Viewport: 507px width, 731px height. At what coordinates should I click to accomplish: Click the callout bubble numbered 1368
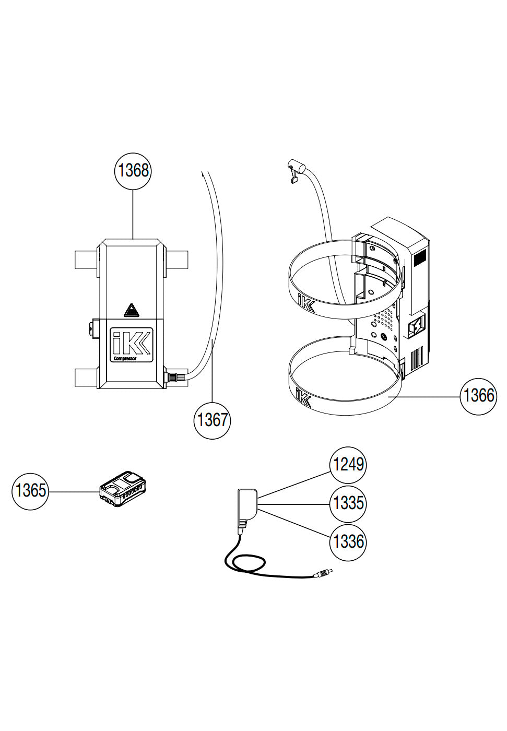[133, 171]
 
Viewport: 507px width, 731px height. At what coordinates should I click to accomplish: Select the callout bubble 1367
[212, 420]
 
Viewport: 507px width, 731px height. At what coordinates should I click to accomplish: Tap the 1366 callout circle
[478, 396]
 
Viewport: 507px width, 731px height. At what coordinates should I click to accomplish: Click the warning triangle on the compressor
[132, 311]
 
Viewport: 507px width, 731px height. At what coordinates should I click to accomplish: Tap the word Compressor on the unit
[125, 359]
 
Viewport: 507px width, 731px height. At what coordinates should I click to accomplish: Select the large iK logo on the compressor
[132, 342]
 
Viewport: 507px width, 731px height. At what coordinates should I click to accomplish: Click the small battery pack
[123, 488]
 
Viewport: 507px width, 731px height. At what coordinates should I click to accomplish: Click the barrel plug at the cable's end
[323, 573]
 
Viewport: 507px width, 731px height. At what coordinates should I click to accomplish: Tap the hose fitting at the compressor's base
[175, 376]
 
